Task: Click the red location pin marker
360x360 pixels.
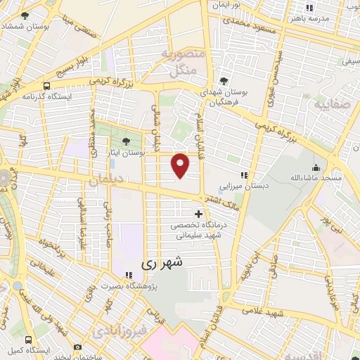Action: pyautogui.click(x=181, y=165)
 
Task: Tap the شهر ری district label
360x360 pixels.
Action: pyautogui.click(x=162, y=264)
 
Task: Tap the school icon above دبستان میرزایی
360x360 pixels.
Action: pyautogui.click(x=244, y=175)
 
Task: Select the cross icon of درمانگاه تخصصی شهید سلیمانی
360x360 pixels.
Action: pyautogui.click(x=198, y=214)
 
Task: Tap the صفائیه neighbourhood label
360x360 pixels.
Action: pyautogui.click(x=325, y=108)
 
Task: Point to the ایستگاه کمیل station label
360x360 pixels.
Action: pyautogui.click(x=28, y=349)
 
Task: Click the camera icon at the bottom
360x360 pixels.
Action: pyautogui.click(x=77, y=347)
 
